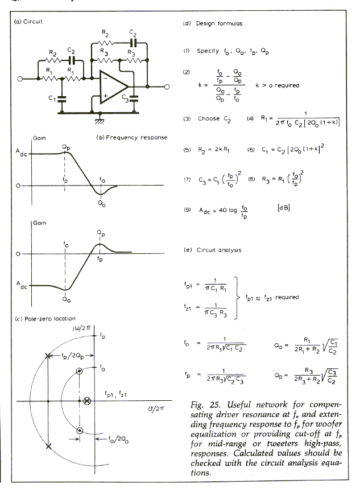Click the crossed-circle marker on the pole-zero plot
pos(86,401)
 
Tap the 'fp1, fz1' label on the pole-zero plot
pos(115,393)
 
